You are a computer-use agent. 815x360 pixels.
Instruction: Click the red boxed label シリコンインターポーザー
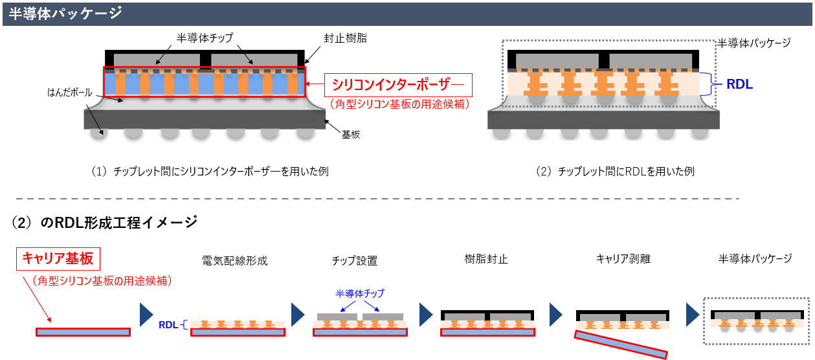click(x=398, y=84)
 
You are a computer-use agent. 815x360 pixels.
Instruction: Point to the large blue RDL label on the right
click(x=740, y=84)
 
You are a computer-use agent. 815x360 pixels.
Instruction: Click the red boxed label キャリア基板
click(x=58, y=259)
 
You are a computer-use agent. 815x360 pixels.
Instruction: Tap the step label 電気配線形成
click(x=234, y=261)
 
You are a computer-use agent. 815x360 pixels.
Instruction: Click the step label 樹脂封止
click(x=486, y=259)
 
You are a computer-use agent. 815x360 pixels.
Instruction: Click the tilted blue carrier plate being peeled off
click(x=621, y=344)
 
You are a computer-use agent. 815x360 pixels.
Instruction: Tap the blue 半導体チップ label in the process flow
click(x=359, y=293)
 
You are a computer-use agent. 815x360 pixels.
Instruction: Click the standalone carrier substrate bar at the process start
click(x=83, y=332)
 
